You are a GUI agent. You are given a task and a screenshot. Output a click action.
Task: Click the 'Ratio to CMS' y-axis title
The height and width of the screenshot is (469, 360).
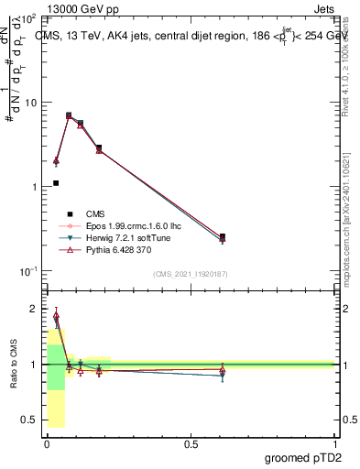tap(14, 365)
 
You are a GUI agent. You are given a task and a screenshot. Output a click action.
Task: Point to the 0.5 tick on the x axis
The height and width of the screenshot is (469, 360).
tap(191, 443)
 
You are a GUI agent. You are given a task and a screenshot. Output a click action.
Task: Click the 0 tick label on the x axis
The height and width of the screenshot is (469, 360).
tap(47, 443)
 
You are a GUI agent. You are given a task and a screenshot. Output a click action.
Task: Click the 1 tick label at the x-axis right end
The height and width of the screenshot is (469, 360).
tap(334, 443)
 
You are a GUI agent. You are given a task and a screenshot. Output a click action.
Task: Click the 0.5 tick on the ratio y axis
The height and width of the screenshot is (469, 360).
tap(29, 420)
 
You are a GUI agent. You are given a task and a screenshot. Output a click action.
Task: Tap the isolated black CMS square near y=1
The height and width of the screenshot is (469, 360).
tap(56, 183)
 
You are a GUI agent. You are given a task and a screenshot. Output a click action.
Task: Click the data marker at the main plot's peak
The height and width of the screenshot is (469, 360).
tap(69, 115)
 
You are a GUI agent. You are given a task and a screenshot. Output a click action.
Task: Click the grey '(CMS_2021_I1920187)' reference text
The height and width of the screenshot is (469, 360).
tap(191, 273)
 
